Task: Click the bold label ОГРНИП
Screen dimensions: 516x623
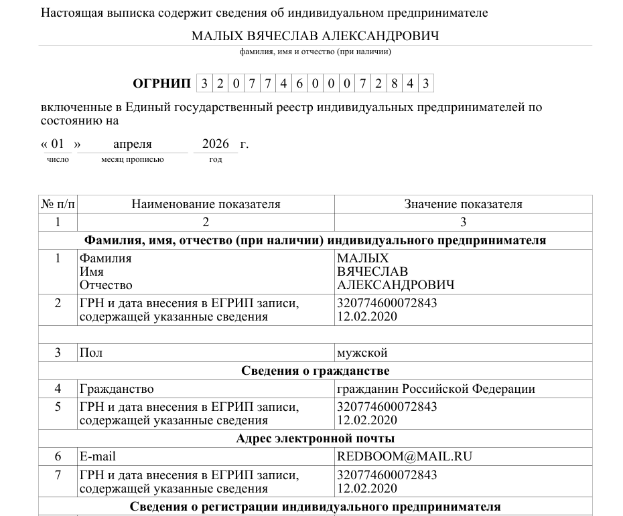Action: click(x=161, y=84)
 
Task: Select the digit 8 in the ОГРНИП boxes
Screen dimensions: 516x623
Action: click(x=393, y=84)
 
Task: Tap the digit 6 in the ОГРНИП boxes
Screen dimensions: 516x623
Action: click(x=299, y=84)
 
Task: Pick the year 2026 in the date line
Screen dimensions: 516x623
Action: click(x=216, y=144)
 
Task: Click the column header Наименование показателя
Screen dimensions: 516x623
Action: click(x=206, y=204)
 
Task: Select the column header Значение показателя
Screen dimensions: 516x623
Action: click(x=463, y=204)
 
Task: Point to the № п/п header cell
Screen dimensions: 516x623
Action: click(x=58, y=204)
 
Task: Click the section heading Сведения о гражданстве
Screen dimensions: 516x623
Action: click(x=315, y=371)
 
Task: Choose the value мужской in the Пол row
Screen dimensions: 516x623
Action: click(x=362, y=353)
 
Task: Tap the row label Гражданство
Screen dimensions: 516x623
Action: click(x=117, y=389)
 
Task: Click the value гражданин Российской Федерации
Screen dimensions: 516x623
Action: click(x=435, y=389)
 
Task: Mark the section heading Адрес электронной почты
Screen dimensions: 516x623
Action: click(x=315, y=438)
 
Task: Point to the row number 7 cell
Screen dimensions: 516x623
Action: click(x=58, y=475)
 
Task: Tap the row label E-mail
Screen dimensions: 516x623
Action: click(x=97, y=456)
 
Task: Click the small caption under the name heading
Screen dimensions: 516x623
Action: click(x=315, y=52)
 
